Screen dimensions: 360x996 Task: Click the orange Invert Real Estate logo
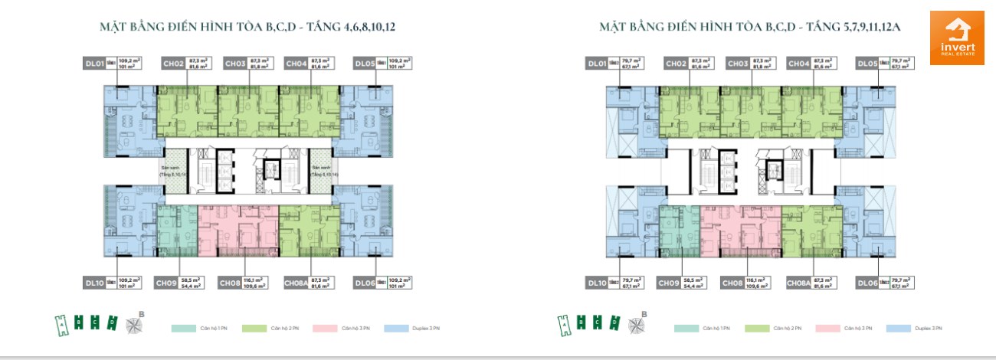[956, 38]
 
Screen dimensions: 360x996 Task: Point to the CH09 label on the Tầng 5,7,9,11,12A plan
[669, 283]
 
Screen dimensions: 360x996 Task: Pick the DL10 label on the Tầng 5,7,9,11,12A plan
[597, 283]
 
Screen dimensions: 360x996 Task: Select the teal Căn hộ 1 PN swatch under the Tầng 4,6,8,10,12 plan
[182, 329]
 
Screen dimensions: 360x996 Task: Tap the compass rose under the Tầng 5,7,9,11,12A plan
[635, 323]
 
